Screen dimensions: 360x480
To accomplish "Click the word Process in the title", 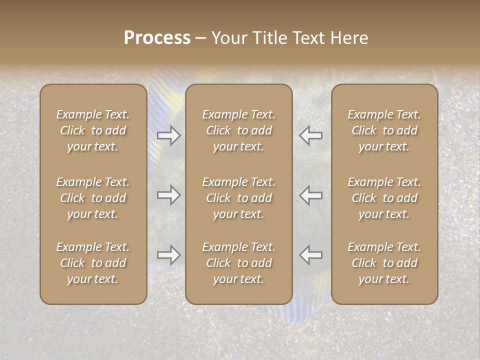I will point(157,38).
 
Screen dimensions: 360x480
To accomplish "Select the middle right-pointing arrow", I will point(168,195).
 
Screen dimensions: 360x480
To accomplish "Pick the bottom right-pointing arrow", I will point(168,254).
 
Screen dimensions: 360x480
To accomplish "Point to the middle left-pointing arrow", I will point(311,195).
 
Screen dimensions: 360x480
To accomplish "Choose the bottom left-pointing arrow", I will point(311,254).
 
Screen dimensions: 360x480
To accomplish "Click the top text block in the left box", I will point(93,130).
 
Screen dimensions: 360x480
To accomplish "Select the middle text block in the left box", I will point(93,198).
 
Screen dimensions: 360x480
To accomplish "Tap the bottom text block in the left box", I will point(93,263).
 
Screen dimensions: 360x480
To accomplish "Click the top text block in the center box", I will point(238,130).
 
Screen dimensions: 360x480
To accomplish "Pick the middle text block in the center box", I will point(238,198).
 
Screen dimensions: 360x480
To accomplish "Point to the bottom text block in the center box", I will point(238,263).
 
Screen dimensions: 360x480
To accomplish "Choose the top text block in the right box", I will point(384,130).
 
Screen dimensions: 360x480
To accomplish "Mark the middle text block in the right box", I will point(384,198).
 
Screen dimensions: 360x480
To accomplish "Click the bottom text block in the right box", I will point(384,263).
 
